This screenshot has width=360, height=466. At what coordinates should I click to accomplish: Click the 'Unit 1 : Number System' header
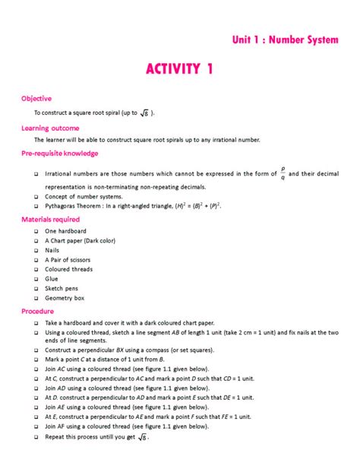pyautogui.click(x=285, y=40)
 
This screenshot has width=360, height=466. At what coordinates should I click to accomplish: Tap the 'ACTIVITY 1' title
pyautogui.click(x=179, y=70)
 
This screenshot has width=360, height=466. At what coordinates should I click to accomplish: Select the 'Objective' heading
pyautogui.click(x=36, y=98)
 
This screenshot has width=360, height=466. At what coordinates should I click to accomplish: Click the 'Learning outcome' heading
pyautogui.click(x=50, y=128)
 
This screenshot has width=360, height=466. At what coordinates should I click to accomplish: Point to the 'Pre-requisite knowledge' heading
pyautogui.click(x=60, y=154)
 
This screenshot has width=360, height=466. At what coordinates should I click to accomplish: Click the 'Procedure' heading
pyautogui.click(x=38, y=311)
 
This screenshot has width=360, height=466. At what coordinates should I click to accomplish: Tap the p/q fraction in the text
pyautogui.click(x=283, y=174)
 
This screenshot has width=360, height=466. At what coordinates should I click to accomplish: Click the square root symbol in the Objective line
pyautogui.click(x=145, y=113)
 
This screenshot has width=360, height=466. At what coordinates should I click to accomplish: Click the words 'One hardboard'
pyautogui.click(x=65, y=231)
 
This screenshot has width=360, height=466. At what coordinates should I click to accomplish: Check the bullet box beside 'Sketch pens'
pyautogui.click(x=36, y=289)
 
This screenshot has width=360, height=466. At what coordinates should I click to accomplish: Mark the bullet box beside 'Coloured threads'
pyautogui.click(x=36, y=270)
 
